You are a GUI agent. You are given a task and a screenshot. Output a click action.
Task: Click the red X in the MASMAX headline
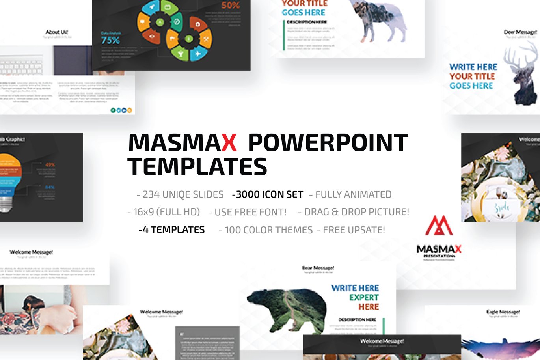pos(229,143)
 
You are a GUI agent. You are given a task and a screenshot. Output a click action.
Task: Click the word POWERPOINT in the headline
pos(328,143)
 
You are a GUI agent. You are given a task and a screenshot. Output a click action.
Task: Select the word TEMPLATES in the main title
pos(197,167)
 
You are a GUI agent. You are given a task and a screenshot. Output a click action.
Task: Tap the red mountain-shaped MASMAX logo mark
pos(439,226)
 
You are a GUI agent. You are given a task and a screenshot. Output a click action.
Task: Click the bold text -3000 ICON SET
pos(268,194)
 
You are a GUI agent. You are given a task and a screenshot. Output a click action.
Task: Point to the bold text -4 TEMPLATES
pos(172,230)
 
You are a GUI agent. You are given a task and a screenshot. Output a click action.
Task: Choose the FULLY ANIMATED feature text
pos(350,194)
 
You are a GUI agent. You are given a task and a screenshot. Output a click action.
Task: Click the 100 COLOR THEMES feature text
pos(266,230)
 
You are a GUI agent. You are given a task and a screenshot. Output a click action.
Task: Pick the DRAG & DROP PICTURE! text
pos(354,212)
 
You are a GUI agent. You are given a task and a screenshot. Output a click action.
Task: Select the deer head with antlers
pos(524,75)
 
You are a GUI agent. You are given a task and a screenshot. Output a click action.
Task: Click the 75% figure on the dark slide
pos(110,40)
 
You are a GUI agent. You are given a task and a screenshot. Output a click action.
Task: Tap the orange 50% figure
pos(231,6)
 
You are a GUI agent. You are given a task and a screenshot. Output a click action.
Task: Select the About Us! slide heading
pos(58,32)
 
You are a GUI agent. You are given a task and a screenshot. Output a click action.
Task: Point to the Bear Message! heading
pos(318,268)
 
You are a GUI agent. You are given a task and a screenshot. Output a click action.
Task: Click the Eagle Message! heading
pos(503,312)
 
